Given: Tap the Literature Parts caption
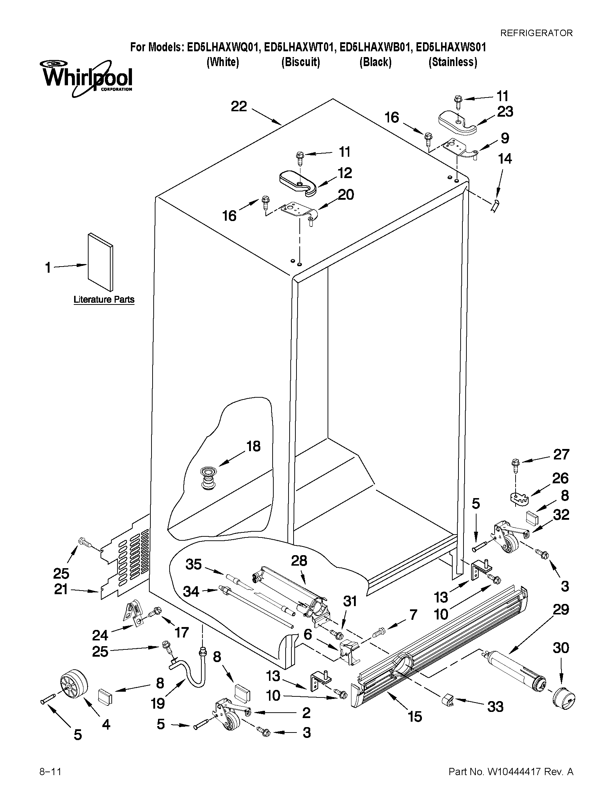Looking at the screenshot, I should coord(104,299).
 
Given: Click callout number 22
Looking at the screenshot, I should coord(239,107).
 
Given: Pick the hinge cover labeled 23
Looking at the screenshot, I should coord(457,124).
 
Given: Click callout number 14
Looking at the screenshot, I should coord(505,159).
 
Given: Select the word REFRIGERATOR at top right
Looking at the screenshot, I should coord(536,33).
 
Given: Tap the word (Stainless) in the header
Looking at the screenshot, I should coord(453,62).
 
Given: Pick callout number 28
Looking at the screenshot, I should coord(299,561).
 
